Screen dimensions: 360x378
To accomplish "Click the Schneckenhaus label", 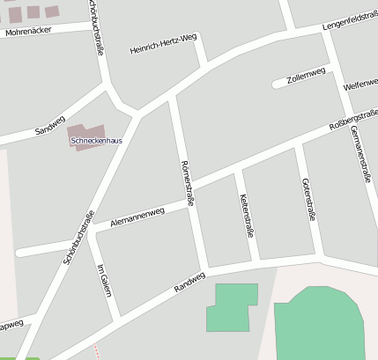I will click(96, 141).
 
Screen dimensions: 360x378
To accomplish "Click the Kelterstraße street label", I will click(248, 215).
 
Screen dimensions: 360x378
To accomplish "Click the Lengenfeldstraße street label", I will click(350, 19).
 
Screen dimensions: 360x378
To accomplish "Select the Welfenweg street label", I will click(360, 85).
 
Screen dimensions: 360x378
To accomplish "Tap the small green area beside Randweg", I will click(231, 307).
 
